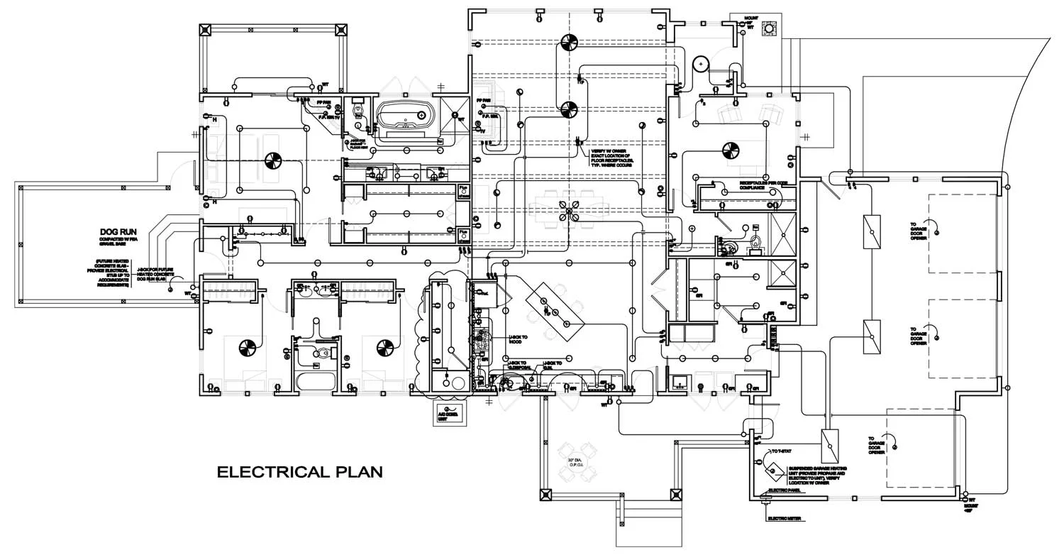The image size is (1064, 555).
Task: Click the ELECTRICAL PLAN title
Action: [299, 472]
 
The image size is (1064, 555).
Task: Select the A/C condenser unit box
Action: [450, 413]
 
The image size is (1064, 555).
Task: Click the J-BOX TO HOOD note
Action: [519, 339]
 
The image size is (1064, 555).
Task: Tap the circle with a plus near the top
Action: [701, 64]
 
